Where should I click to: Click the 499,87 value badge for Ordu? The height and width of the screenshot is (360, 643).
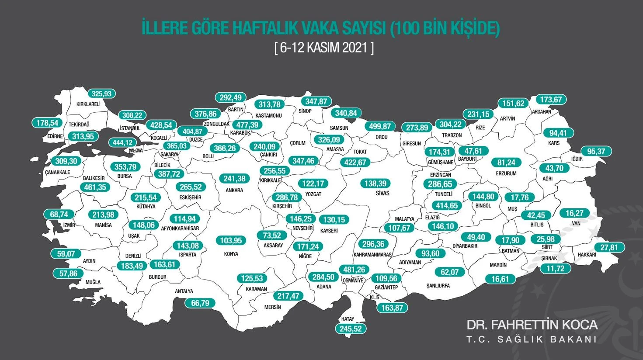point(380,126)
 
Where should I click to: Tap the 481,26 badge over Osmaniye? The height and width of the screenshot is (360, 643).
point(355,270)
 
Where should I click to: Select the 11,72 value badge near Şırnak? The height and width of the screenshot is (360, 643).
point(556,268)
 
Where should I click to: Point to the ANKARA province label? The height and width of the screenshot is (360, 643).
point(234,190)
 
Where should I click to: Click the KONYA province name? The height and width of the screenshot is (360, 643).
point(231,254)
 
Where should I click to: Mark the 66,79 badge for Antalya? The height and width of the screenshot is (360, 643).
point(200,303)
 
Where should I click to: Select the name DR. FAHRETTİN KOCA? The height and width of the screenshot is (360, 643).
point(532,325)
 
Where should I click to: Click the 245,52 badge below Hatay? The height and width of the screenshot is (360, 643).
point(351,329)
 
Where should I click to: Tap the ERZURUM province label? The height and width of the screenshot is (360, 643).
point(507,173)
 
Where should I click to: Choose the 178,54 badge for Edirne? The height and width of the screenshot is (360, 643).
point(47,123)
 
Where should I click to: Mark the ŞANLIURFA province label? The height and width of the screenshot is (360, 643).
point(438,286)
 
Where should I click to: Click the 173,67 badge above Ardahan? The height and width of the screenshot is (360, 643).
point(551,100)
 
